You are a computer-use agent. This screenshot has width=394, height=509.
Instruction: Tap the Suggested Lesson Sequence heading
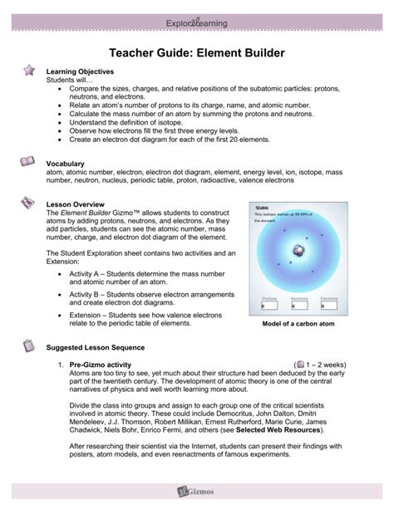click(96, 347)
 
